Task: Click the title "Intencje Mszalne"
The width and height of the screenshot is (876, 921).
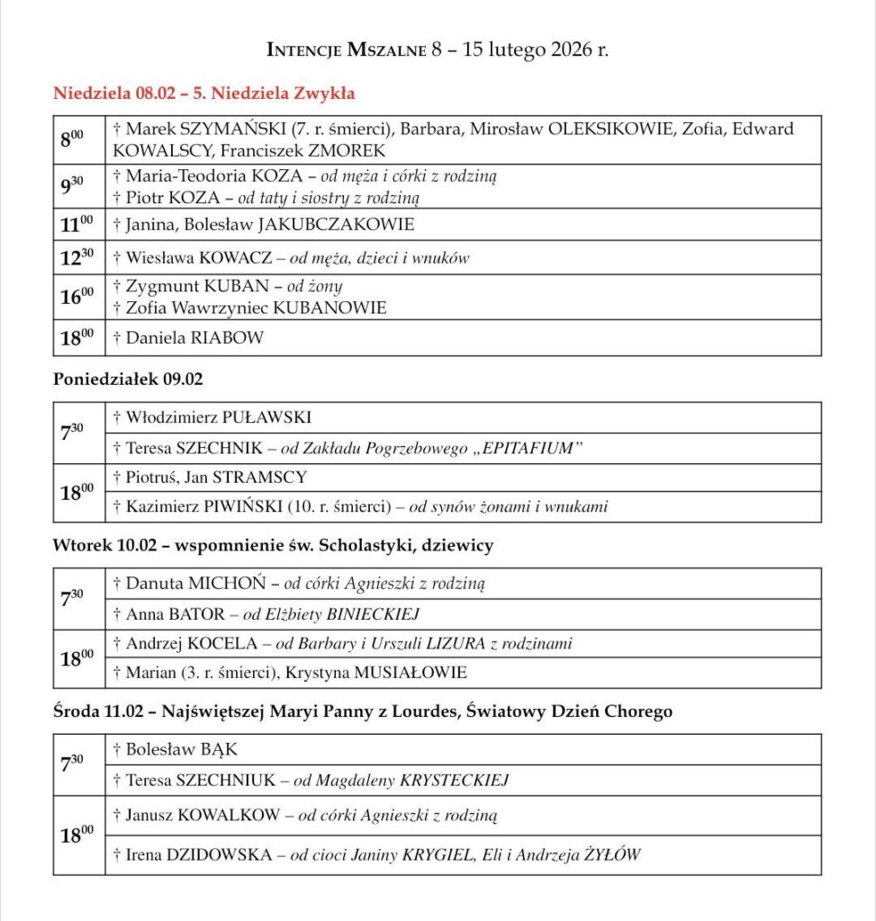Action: click(346, 50)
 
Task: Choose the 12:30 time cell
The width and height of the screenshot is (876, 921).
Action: click(77, 257)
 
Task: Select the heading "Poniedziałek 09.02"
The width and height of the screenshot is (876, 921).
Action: click(128, 380)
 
